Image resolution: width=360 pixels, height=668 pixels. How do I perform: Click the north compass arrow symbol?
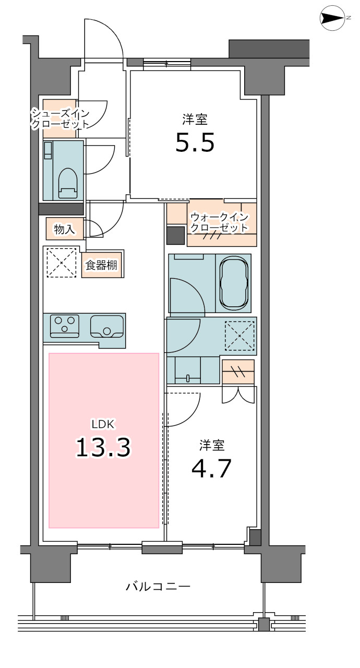(x=332, y=18)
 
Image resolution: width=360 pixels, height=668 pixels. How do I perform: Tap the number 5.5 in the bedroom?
(x=195, y=143)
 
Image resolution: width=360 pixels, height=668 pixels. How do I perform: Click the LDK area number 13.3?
(x=103, y=447)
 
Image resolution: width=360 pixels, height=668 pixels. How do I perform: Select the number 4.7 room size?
(x=211, y=468)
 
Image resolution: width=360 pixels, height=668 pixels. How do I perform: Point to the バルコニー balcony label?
(x=158, y=587)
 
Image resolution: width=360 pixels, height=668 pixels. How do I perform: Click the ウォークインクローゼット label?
(x=219, y=222)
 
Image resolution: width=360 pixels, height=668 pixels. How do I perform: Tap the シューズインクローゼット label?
(x=61, y=118)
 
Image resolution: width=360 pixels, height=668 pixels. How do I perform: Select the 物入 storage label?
(x=64, y=229)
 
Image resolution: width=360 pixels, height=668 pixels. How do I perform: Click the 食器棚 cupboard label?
(x=101, y=265)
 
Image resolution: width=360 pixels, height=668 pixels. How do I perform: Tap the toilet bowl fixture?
(x=68, y=183)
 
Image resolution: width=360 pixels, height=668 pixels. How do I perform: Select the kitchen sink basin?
(x=107, y=327)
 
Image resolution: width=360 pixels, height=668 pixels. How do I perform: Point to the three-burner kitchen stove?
(x=65, y=326)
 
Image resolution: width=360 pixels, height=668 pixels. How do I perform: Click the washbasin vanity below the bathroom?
(x=188, y=371)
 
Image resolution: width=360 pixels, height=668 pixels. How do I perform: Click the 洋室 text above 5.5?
(x=195, y=120)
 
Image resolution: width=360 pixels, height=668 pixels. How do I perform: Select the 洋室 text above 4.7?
(x=212, y=445)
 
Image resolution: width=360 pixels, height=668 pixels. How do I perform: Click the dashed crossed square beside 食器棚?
(x=62, y=263)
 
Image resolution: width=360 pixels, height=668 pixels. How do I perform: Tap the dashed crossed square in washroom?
(x=240, y=336)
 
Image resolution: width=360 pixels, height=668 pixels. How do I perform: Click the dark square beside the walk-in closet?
(x=175, y=235)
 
